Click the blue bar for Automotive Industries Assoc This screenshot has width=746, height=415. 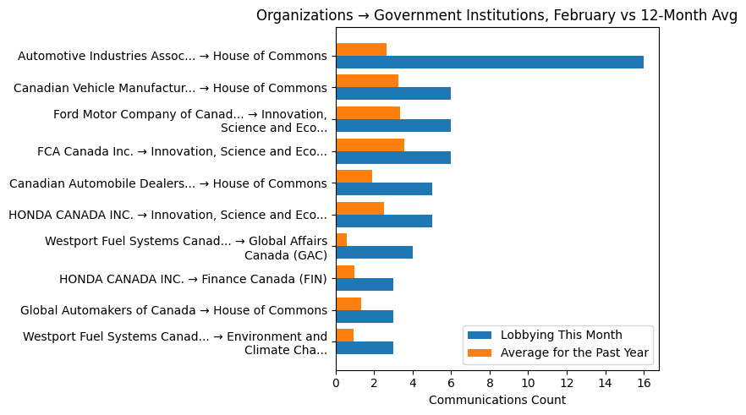pyautogui.click(x=489, y=62)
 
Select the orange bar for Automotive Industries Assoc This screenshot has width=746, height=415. pyautogui.click(x=361, y=49)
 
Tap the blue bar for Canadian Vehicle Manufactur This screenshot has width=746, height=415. pyautogui.click(x=393, y=94)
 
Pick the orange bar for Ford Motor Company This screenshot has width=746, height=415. pyautogui.click(x=368, y=112)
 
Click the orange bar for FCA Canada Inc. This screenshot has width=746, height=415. pyautogui.click(x=370, y=145)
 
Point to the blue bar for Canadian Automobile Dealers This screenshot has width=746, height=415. pyautogui.click(x=384, y=189)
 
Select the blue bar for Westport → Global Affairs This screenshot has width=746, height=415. pyautogui.click(x=374, y=253)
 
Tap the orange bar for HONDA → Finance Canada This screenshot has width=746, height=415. pyautogui.click(x=345, y=271)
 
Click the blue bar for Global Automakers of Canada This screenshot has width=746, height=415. pyautogui.click(x=365, y=316)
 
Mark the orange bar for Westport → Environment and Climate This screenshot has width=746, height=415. pyautogui.click(x=344, y=336)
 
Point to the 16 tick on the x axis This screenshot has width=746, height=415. pyautogui.click(x=643, y=383)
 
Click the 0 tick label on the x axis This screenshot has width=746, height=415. pyautogui.click(x=336, y=383)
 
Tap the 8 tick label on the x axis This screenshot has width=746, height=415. pyautogui.click(x=490, y=383)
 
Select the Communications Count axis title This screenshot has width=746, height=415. pyautogui.click(x=497, y=400)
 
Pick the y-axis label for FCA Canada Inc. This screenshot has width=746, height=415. pyautogui.click(x=182, y=151)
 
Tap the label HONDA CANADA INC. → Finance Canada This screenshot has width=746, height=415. pyautogui.click(x=193, y=278)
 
